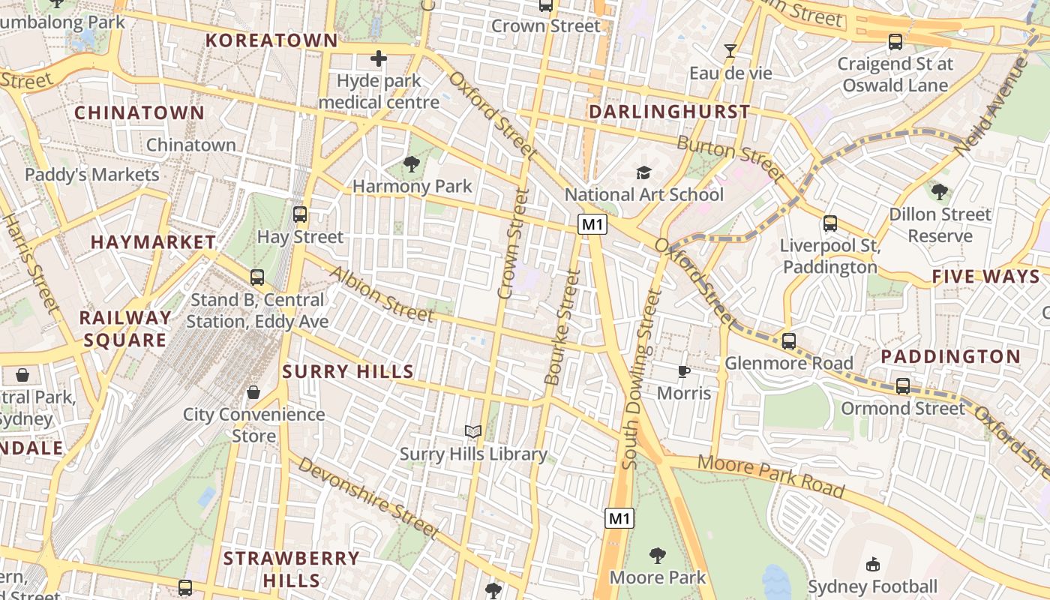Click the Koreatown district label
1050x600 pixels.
click(x=271, y=40)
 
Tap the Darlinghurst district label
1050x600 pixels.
click(x=669, y=112)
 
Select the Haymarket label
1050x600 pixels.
click(x=153, y=242)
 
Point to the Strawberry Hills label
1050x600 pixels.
click(x=291, y=569)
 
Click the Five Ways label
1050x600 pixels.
click(x=986, y=277)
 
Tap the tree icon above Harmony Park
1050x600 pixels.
click(x=411, y=163)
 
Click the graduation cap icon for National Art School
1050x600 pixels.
click(x=643, y=173)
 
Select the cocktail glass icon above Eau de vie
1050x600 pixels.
click(x=730, y=51)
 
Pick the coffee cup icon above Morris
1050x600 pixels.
click(x=683, y=371)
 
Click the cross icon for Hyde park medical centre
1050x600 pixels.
click(x=379, y=58)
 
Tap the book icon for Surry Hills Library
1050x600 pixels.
click(x=472, y=431)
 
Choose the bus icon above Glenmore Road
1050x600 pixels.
click(x=788, y=341)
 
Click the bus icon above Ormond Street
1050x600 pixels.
click(x=903, y=386)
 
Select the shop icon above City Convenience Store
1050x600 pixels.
click(x=253, y=392)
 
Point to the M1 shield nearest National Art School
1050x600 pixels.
click(x=592, y=223)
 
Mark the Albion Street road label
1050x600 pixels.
click(x=382, y=294)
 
